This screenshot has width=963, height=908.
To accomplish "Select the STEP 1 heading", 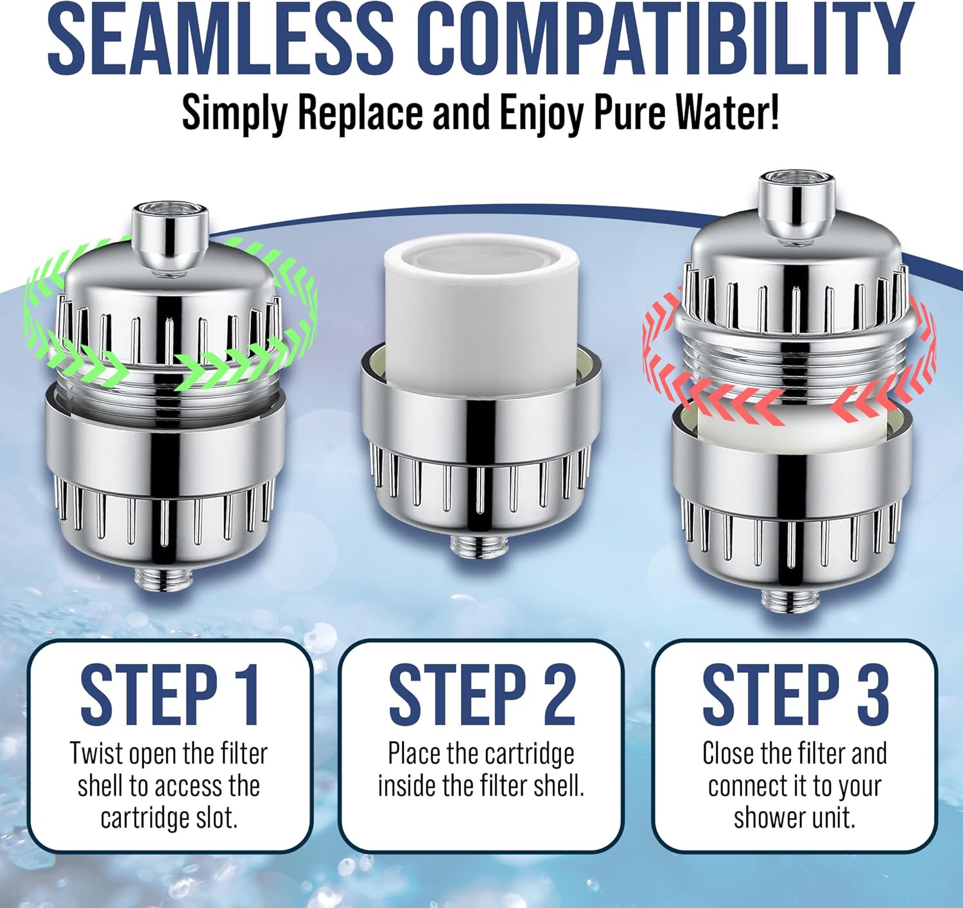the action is (x=169, y=695).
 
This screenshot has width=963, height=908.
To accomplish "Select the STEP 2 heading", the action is (x=481, y=695).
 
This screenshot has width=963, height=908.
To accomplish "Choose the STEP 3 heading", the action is (x=795, y=695).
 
